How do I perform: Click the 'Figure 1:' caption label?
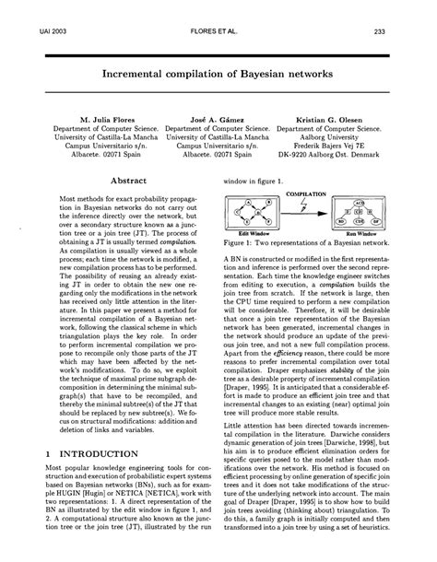[242, 243]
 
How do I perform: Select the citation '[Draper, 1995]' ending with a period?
[255, 386]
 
